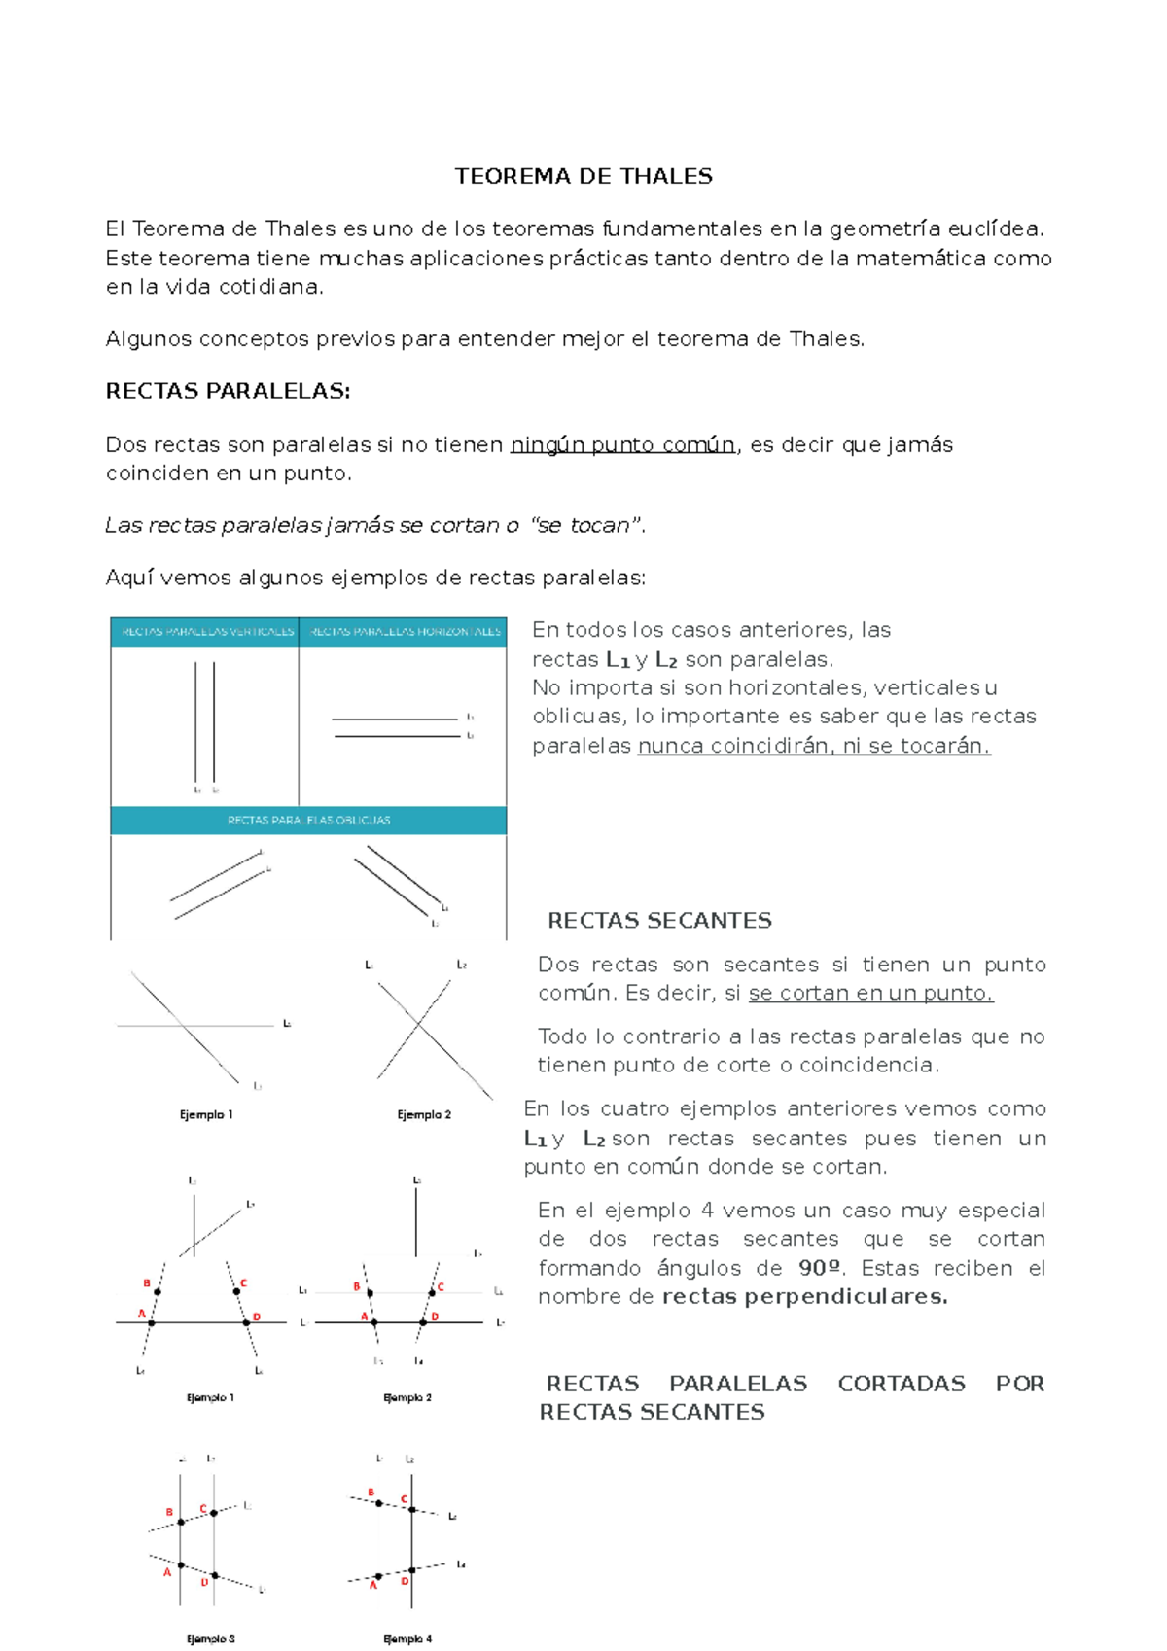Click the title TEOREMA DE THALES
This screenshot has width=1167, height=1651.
tap(583, 176)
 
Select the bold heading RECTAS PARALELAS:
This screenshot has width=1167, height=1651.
tap(228, 391)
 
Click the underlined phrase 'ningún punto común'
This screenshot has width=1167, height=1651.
tap(622, 445)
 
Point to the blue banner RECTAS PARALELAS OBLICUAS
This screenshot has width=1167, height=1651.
tap(308, 820)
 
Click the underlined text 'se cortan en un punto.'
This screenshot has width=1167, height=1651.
tap(870, 993)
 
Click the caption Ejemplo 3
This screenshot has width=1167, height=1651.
tap(211, 1638)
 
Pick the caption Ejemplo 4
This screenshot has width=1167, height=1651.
tap(408, 1638)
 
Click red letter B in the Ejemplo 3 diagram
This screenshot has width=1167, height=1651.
tap(169, 1512)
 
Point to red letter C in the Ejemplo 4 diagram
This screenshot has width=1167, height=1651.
tap(405, 1499)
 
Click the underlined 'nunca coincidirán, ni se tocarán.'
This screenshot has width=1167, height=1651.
tap(813, 746)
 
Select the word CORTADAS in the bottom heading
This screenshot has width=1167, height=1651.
tap(902, 1384)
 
